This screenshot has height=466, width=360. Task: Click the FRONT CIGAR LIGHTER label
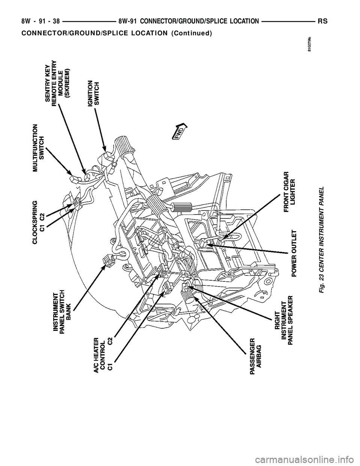(x=290, y=192)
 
